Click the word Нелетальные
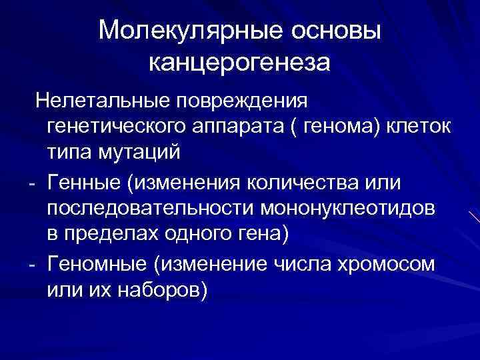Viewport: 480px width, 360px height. coord(106,102)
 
